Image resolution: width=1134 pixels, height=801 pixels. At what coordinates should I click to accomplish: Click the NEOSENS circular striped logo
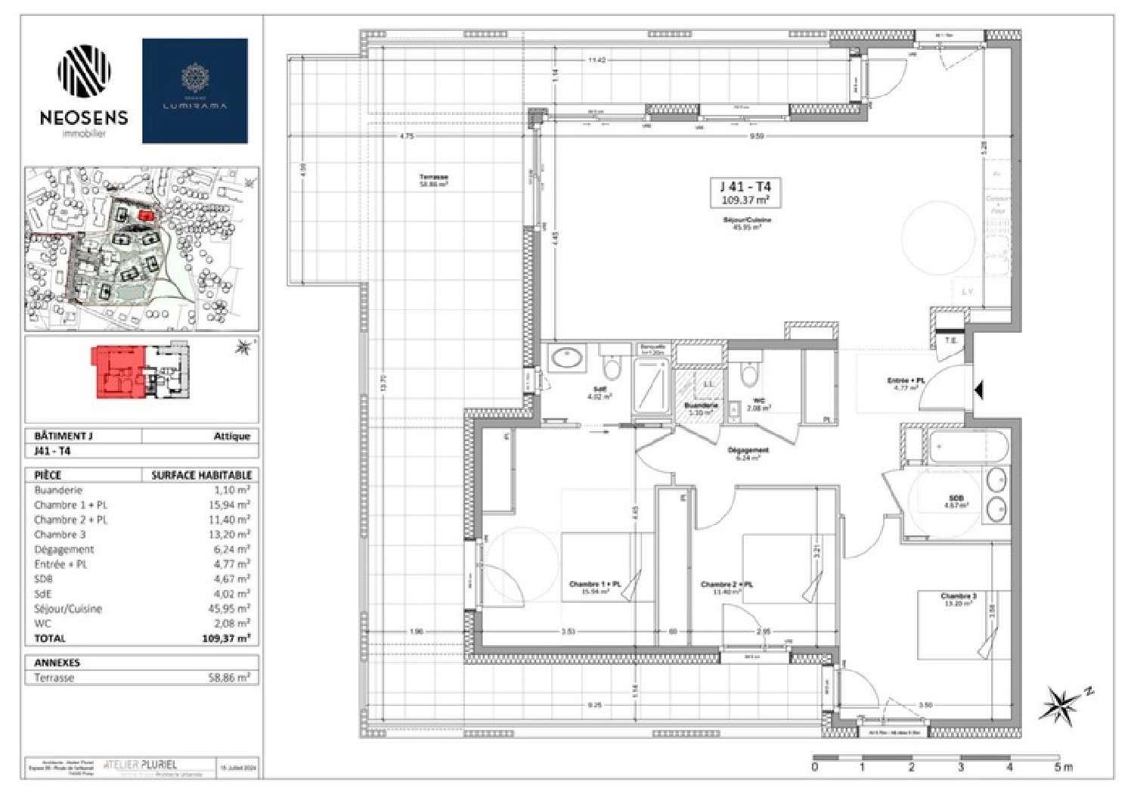[84, 70]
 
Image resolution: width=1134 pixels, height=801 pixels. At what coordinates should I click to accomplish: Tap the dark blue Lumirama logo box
[195, 91]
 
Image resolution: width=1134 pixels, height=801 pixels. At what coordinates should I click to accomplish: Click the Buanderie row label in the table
[58, 490]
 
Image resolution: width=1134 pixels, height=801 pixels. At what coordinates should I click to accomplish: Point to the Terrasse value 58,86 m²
[228, 678]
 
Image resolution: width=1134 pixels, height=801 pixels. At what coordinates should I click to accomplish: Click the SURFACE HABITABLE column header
[201, 475]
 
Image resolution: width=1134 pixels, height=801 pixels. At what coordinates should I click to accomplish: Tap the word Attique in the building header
[231, 436]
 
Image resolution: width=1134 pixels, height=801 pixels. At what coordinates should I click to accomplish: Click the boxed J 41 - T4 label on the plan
[745, 193]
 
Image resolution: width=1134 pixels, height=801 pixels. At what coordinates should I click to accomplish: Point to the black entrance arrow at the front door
[978, 390]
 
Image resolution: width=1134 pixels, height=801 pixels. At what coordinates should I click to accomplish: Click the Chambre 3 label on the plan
[958, 597]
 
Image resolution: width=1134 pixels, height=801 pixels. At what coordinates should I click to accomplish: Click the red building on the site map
[146, 216]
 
